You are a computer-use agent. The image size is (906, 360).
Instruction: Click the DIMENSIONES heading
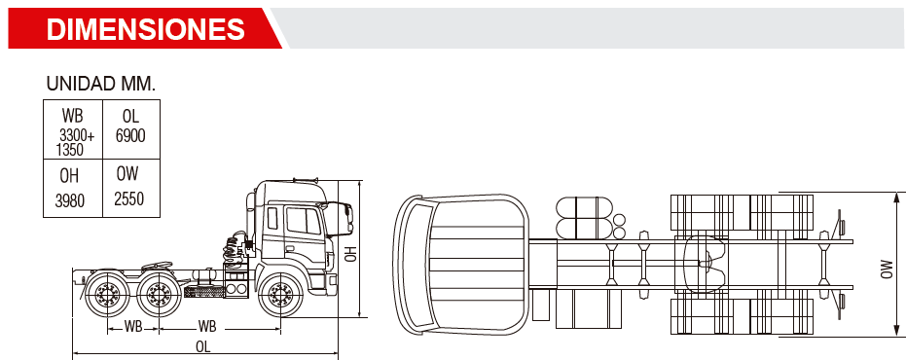point(146,28)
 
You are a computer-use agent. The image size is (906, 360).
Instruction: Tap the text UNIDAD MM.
point(101,84)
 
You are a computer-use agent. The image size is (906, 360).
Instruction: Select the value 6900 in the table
point(130,136)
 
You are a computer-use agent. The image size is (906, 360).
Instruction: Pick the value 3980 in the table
point(70,201)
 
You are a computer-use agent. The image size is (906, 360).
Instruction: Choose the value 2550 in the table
point(128,199)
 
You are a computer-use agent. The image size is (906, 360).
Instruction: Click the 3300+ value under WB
point(78,136)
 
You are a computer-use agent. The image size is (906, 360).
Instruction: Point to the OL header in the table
point(130,116)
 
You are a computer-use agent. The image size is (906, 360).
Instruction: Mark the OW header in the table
point(127,173)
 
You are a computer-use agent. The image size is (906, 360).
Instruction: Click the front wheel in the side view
point(279,295)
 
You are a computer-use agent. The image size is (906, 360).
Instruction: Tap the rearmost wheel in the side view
point(107,295)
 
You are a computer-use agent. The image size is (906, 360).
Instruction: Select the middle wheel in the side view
point(159,295)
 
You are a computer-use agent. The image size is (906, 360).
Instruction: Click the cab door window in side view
point(304,220)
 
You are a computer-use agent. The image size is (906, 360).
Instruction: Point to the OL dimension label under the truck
point(202,346)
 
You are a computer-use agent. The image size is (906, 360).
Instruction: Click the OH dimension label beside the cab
point(350,254)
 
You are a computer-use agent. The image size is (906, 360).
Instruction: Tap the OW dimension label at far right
point(887,270)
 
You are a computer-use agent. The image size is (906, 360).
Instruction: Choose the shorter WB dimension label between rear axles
point(133,327)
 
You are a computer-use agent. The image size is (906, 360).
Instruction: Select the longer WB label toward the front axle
point(207,327)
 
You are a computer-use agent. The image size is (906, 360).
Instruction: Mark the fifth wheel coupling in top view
point(703,263)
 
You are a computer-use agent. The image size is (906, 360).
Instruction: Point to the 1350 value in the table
point(70,150)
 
